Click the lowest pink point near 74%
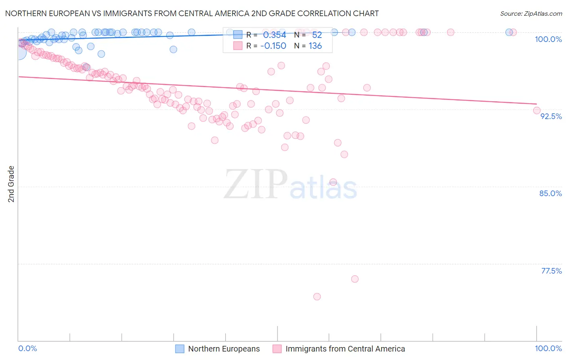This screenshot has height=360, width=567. point(317,297)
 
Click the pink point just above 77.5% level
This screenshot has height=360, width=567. point(355,279)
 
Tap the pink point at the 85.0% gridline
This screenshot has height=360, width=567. point(333,182)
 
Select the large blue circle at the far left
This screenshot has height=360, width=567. point(19,52)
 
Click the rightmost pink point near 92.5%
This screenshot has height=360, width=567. point(537,110)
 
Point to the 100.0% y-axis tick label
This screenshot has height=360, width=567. point(548,39)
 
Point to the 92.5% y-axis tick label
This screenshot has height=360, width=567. point(551,116)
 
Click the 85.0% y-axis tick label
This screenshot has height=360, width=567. point(550,193)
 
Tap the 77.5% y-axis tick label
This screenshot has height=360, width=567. point(551,271)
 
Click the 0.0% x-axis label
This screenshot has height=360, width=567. point(27,348)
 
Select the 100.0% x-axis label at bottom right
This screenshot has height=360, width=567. point(548,348)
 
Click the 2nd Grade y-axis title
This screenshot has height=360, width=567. point(11,184)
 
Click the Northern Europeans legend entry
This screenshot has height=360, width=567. point(224,349)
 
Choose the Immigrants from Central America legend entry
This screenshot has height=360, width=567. point(345,349)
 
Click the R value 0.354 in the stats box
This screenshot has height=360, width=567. point(274,35)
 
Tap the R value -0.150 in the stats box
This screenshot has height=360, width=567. point(273,46)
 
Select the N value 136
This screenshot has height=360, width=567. point(315,46)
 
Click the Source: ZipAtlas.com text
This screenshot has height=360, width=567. point(531,13)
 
